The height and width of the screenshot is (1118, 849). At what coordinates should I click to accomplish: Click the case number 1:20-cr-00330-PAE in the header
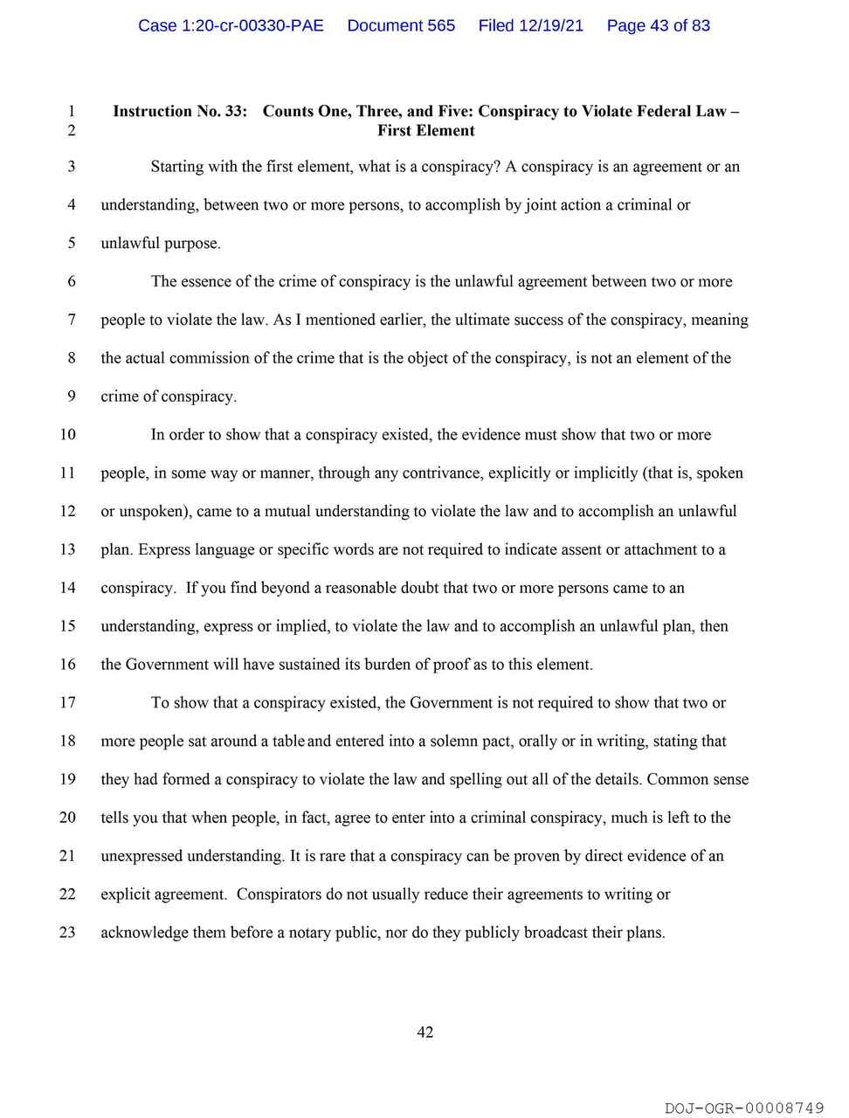(x=231, y=25)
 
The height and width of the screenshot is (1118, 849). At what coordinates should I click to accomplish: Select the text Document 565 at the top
(x=401, y=25)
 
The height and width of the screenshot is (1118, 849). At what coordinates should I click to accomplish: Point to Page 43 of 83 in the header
(x=658, y=25)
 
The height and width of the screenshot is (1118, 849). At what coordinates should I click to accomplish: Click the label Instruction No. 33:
(x=180, y=111)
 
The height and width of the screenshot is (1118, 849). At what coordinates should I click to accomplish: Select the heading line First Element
(x=426, y=131)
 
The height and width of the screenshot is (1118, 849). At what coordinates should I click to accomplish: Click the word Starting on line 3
(x=177, y=167)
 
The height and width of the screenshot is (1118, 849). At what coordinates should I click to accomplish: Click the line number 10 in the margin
(x=67, y=435)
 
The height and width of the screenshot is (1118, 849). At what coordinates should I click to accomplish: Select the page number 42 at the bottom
(x=425, y=1032)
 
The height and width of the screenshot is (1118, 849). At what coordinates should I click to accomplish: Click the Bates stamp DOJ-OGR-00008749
(x=744, y=1108)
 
